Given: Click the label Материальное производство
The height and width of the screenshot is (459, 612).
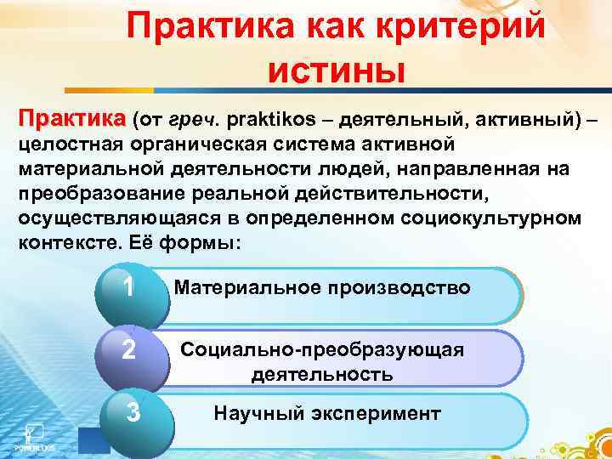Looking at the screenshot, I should coord(321,287).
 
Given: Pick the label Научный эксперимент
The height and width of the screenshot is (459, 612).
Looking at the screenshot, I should coord(326,414).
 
